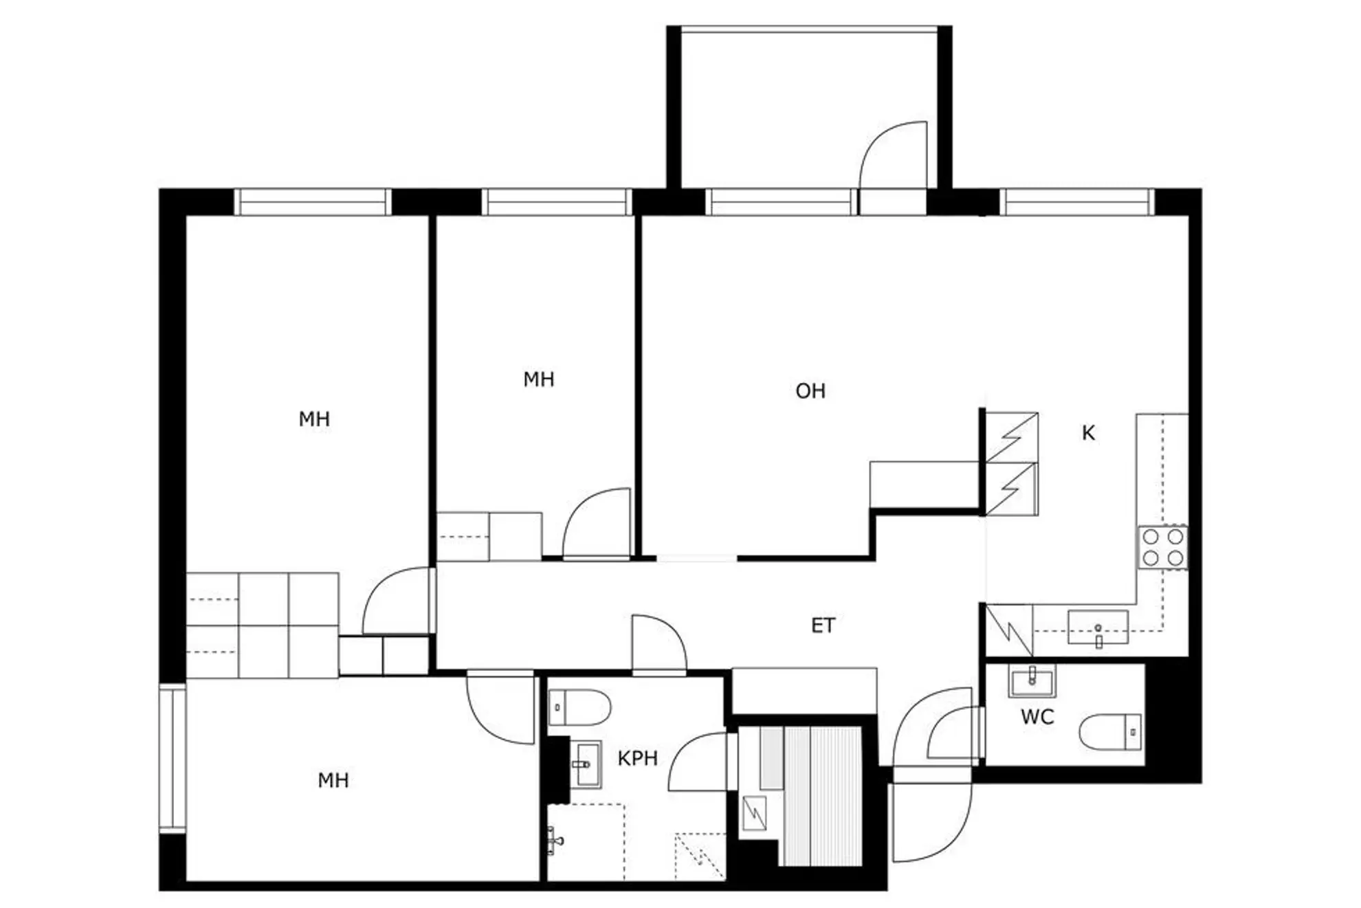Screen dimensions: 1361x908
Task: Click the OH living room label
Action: [x=810, y=391]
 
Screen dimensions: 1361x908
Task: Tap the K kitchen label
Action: [x=1088, y=433]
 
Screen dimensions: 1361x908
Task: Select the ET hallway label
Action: [x=823, y=625]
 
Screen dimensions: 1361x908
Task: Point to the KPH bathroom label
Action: [x=637, y=758]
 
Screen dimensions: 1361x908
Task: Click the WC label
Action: [x=1037, y=717]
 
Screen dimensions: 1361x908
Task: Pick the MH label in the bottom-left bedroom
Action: [x=333, y=780]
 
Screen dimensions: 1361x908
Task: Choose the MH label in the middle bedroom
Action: [x=538, y=379]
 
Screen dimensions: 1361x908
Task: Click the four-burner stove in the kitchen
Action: [x=1162, y=547]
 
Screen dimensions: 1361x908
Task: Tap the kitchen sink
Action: [x=1098, y=628]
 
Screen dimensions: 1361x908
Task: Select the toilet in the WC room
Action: [x=1109, y=731]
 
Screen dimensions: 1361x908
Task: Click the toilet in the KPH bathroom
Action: [x=579, y=707]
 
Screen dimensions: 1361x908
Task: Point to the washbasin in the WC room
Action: [x=1032, y=680]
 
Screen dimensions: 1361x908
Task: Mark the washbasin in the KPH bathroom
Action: [x=586, y=764]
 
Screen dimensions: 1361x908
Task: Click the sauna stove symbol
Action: [x=755, y=813]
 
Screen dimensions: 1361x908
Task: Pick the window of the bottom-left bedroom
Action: [x=173, y=758]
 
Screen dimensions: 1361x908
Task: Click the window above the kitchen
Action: [x=1076, y=203]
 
